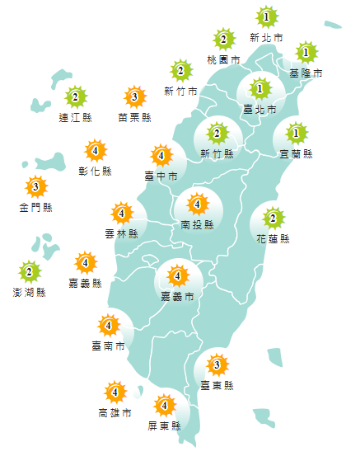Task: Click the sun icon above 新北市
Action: pos(266,16)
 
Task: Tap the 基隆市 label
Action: pos(306,73)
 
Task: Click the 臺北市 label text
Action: pos(259,109)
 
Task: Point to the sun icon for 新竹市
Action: pos(180,70)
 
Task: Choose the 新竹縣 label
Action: pos(217,153)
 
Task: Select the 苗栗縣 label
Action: pos(135,118)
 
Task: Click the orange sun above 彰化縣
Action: pos(96,151)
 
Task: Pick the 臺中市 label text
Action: pos(161,176)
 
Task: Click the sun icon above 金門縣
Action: pos(35,186)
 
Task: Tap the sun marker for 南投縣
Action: pos(197,203)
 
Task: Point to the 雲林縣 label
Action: pos(122,234)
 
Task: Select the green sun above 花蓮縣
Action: pos(274,219)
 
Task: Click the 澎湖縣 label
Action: pos(30,292)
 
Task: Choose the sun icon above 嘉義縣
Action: pos(86,264)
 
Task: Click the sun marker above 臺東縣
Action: pos(217,364)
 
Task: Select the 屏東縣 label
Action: pos(165,425)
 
